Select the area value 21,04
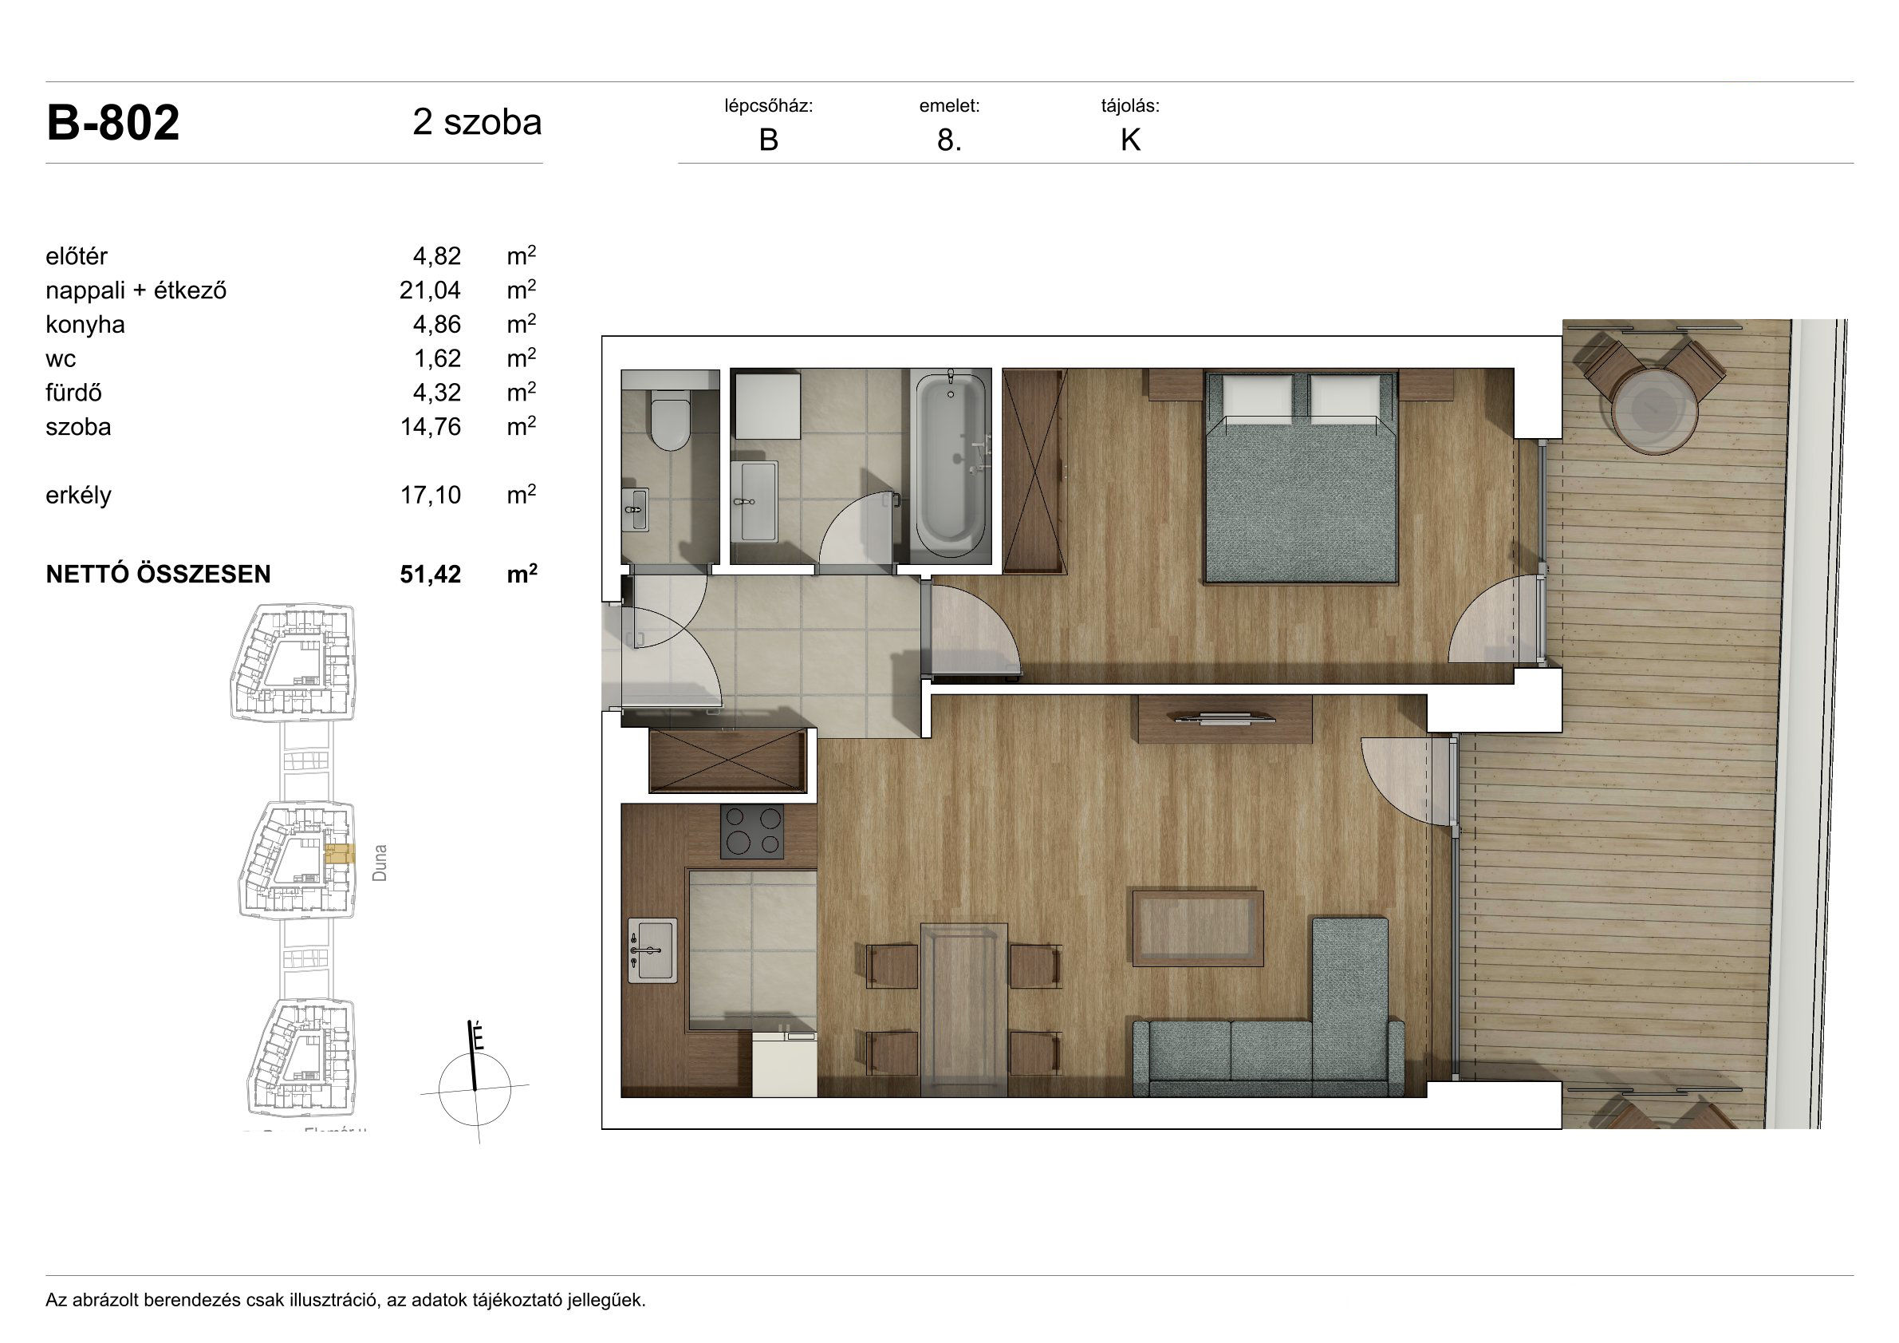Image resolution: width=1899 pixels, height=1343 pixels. coord(430,290)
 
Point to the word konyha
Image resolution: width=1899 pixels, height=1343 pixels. coord(85,324)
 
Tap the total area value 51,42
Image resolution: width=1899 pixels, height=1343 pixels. coord(430,575)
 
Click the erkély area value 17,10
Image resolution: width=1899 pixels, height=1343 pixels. coord(430,495)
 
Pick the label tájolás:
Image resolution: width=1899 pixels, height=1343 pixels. coord(1130,106)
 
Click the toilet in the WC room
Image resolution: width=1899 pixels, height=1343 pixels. coord(670,421)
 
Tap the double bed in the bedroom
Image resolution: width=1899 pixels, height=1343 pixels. coord(1301,477)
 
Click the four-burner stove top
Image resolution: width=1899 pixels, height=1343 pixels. coord(752,831)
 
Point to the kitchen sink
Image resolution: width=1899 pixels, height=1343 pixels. coord(652,950)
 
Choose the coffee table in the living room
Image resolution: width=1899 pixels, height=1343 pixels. coord(1198,927)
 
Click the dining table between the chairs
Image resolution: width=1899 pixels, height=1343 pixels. coord(963,1010)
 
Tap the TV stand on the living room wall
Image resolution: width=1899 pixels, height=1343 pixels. coord(1225,719)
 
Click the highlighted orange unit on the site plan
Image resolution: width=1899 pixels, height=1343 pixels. coord(339,854)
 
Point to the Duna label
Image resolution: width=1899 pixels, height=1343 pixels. coord(380,863)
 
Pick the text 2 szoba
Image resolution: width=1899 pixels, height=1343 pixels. coord(477,122)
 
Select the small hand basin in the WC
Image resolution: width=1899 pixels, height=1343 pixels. coord(635,509)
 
